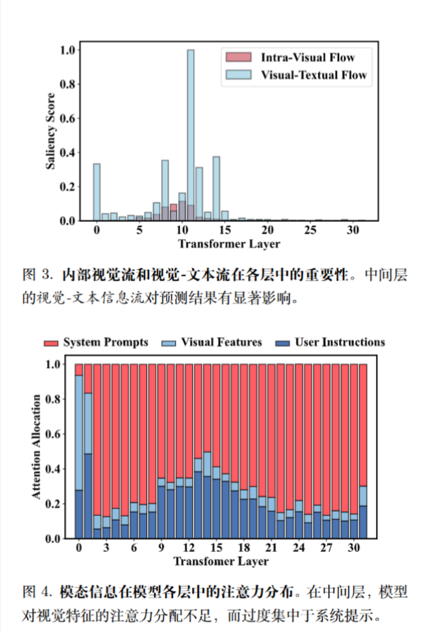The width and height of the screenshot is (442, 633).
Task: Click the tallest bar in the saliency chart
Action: pyautogui.click(x=191, y=136)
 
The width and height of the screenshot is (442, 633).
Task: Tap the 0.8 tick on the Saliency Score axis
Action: pyautogui.click(x=67, y=84)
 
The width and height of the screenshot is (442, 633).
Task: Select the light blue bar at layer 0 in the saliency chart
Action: pyautogui.click(x=97, y=192)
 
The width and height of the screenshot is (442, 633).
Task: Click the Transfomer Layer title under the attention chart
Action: pyautogui.click(x=221, y=562)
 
